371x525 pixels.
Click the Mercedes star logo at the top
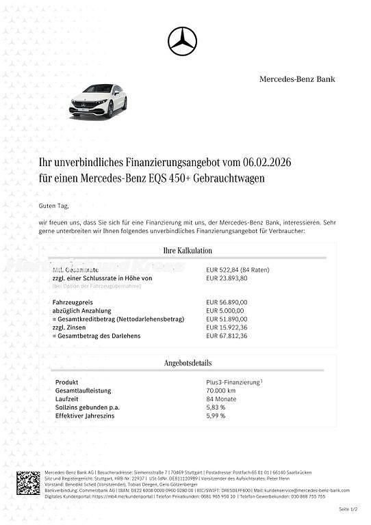point(182,41)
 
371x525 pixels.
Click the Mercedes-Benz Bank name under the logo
point(297,79)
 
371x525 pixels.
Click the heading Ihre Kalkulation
point(187,250)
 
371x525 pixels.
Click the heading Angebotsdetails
point(187,362)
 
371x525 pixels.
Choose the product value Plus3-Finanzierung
point(233,383)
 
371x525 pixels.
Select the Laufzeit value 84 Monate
point(221,399)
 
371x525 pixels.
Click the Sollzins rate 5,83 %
point(216,407)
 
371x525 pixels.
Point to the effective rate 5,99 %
point(216,416)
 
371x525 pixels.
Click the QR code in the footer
point(28,483)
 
